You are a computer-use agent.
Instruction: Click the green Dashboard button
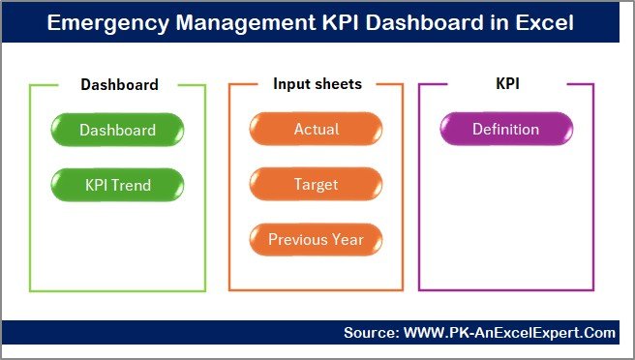click(117, 130)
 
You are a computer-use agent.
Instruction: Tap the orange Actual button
click(316, 130)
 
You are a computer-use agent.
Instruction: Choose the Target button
click(316, 183)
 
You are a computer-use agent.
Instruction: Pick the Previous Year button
click(316, 238)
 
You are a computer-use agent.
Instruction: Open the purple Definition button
click(505, 130)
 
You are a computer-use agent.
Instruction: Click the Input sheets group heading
click(317, 84)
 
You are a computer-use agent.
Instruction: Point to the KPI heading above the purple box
click(507, 84)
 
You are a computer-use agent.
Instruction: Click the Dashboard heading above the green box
click(118, 84)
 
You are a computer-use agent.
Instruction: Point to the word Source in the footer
click(370, 333)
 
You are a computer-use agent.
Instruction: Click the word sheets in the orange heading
click(338, 84)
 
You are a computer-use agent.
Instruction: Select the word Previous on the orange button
click(298, 238)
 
